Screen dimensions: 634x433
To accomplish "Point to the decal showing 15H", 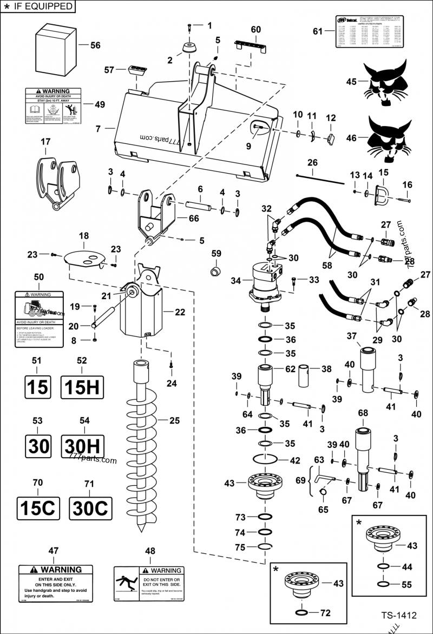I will tap(82, 387).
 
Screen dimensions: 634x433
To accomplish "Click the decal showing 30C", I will tap(90, 508).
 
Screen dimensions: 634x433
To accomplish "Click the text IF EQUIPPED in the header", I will tap(42, 6).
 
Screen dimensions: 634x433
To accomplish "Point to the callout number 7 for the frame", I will tap(98, 129).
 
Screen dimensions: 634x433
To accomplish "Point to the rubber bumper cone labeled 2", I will tap(189, 47).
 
